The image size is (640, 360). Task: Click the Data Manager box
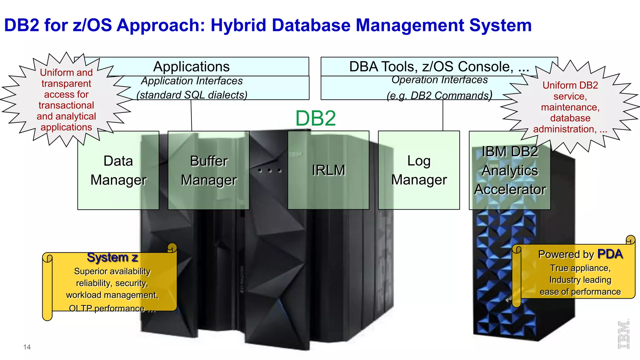click(118, 170)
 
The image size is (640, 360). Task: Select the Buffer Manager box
click(208, 170)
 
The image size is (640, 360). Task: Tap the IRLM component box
click(328, 170)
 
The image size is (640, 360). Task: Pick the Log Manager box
click(419, 170)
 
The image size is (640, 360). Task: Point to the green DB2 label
click(316, 118)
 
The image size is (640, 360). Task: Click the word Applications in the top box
click(191, 67)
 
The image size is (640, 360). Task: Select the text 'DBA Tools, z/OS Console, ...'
click(439, 67)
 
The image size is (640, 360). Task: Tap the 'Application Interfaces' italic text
click(192, 81)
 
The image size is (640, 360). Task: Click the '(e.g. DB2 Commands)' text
click(439, 95)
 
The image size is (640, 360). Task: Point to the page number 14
click(27, 347)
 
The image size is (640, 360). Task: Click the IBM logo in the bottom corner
click(623, 334)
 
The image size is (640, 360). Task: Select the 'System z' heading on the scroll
click(112, 257)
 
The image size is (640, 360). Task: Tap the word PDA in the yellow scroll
click(610, 254)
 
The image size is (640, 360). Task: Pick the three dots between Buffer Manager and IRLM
click(270, 171)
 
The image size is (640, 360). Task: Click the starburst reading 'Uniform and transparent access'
click(66, 99)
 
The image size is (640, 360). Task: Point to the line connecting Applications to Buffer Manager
click(191, 115)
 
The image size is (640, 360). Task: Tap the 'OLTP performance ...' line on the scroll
click(112, 308)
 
